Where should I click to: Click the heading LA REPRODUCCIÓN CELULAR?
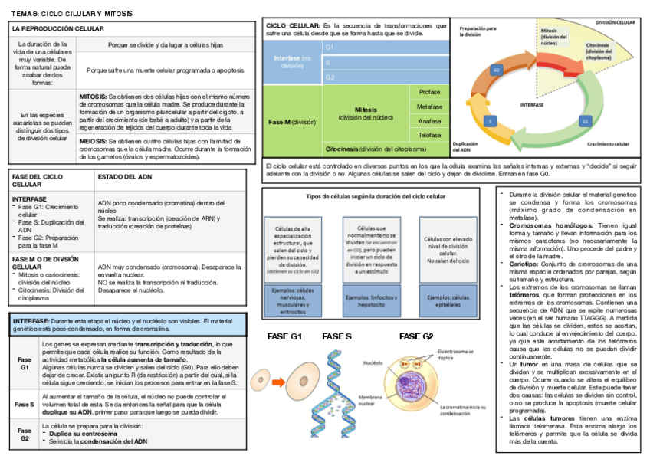58,28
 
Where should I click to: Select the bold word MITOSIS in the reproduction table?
93,97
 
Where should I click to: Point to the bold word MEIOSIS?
93,142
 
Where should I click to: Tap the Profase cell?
429,92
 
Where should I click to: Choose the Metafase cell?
429,107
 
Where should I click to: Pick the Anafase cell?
429,121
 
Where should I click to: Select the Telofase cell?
429,135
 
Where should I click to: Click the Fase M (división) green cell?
292,122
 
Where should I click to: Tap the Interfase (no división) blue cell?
292,61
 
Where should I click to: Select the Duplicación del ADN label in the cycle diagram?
466,147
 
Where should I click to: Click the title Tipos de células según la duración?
375,197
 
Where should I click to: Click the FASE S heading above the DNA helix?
336,337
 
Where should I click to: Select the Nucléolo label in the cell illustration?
373,362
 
